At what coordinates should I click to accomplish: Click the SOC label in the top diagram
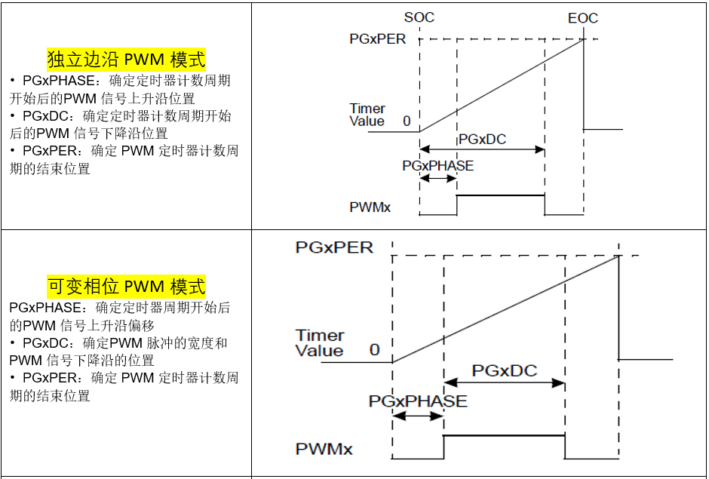click(x=419, y=17)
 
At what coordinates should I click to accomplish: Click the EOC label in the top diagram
click(x=583, y=18)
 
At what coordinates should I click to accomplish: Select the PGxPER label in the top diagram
click(x=378, y=38)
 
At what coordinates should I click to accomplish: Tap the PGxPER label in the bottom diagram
click(x=334, y=247)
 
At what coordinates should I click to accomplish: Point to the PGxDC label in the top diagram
click(x=481, y=139)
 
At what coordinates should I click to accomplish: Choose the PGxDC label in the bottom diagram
click(x=504, y=370)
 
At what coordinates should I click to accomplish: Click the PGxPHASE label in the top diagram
click(x=438, y=165)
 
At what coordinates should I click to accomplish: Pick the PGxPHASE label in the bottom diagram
click(x=418, y=401)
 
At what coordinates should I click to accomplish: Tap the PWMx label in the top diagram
click(x=370, y=207)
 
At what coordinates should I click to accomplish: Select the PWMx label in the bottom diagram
click(x=324, y=450)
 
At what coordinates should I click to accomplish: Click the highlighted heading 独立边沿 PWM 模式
click(x=126, y=60)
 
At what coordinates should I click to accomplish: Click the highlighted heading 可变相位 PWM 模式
click(x=126, y=287)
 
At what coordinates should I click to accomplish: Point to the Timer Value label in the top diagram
click(x=367, y=115)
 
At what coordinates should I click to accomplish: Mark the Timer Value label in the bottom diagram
click(x=319, y=342)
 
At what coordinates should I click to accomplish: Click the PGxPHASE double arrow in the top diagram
click(x=438, y=178)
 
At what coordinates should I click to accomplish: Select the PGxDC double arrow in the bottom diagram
click(x=504, y=383)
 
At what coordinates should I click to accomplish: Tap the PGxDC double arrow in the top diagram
click(x=482, y=149)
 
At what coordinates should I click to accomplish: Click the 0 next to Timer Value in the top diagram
click(x=407, y=121)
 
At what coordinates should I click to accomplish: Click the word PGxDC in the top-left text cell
click(x=47, y=116)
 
